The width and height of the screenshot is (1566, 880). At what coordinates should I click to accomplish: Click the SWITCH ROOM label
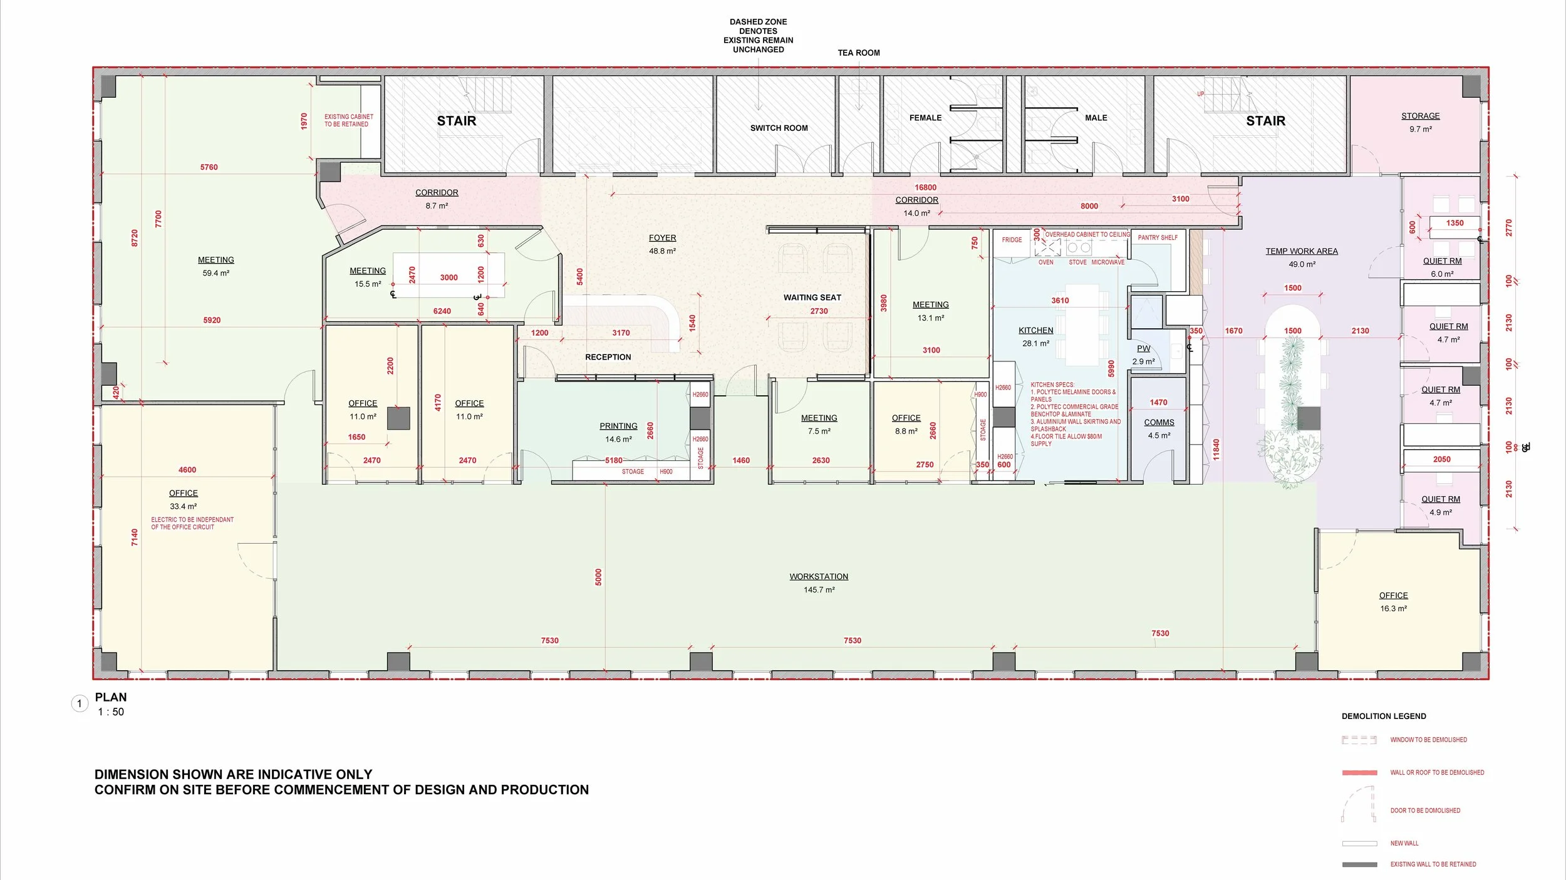(779, 128)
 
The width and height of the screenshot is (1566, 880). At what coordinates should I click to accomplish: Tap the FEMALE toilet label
(925, 118)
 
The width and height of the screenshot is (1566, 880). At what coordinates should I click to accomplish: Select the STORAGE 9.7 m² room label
(1420, 116)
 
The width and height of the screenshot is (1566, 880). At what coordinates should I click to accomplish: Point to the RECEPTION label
(608, 357)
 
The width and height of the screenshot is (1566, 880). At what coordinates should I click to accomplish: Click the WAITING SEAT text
(812, 298)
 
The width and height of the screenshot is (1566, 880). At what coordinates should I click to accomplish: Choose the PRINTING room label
(618, 426)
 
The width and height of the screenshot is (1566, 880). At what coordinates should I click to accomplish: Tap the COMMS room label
(1159, 423)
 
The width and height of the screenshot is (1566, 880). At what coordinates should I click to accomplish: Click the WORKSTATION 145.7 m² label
(819, 577)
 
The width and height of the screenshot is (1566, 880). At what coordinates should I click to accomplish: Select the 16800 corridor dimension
(925, 187)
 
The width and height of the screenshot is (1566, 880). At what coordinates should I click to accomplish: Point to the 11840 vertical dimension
(1216, 449)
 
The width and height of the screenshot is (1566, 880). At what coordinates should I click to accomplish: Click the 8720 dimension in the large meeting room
(135, 238)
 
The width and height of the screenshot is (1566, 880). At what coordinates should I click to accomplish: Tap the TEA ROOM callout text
(858, 53)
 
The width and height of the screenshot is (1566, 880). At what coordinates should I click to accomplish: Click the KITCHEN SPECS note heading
(1052, 385)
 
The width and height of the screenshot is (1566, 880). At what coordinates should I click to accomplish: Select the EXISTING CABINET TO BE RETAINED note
(348, 120)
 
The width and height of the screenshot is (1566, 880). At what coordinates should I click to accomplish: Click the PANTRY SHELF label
(1158, 238)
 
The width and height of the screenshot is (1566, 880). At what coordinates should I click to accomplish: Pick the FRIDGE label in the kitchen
(1012, 240)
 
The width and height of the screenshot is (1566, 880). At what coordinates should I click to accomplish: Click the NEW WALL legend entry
(1404, 843)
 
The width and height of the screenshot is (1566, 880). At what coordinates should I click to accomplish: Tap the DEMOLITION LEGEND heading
(1384, 716)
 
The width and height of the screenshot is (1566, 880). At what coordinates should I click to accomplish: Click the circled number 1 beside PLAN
(80, 704)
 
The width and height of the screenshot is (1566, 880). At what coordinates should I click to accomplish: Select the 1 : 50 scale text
(111, 712)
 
